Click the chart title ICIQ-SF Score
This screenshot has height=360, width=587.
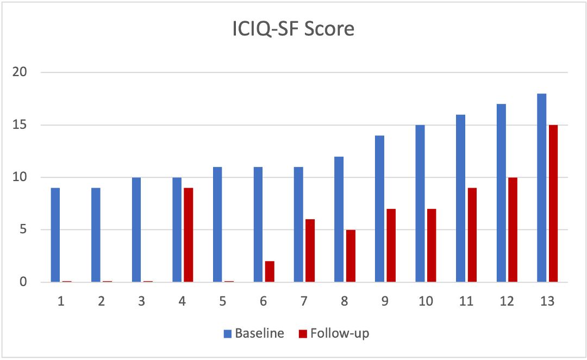pyautogui.click(x=293, y=29)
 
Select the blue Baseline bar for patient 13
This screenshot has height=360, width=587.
pyautogui.click(x=542, y=188)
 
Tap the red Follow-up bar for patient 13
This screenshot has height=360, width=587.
pyautogui.click(x=553, y=203)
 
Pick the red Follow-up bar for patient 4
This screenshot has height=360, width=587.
pyautogui.click(x=188, y=235)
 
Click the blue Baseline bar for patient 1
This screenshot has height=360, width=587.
pyautogui.click(x=55, y=235)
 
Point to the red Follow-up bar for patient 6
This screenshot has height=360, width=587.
pyautogui.click(x=270, y=271)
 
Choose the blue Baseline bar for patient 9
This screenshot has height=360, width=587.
pyautogui.click(x=379, y=209)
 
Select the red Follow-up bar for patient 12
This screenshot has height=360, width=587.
pyautogui.click(x=513, y=229)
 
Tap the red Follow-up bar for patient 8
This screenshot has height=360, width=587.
pyautogui.click(x=351, y=256)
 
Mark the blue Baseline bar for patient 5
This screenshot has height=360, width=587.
pyautogui.click(x=217, y=225)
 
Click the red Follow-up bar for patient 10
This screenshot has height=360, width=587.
pyautogui.click(x=432, y=245)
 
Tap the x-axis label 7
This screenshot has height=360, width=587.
pyautogui.click(x=304, y=300)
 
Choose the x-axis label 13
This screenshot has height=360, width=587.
pyautogui.click(x=547, y=300)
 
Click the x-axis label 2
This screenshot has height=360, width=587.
pyautogui.click(x=101, y=300)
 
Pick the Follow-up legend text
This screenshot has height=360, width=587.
pyautogui.click(x=339, y=333)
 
